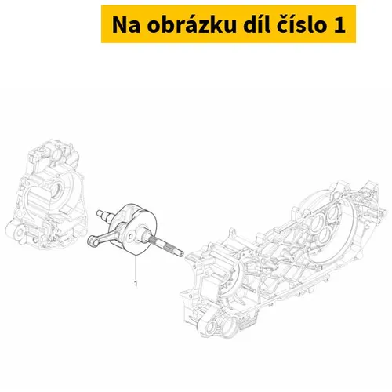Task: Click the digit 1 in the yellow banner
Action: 339,27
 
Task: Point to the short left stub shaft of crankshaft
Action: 103,211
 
